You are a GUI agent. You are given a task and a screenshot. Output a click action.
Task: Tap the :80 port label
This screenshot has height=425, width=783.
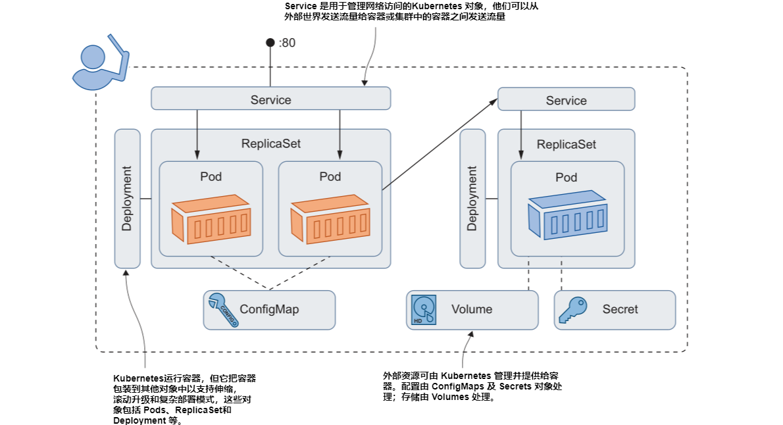(287, 43)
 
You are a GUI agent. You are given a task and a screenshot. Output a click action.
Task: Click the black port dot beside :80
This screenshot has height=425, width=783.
(270, 43)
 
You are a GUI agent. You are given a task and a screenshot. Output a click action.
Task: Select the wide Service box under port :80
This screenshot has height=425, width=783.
(270, 100)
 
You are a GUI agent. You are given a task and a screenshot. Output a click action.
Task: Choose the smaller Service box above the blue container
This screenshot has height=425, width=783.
(566, 101)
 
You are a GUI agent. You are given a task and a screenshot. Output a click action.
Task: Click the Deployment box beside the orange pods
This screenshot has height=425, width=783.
(127, 199)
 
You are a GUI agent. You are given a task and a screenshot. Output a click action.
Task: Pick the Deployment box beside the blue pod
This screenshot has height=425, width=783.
(472, 199)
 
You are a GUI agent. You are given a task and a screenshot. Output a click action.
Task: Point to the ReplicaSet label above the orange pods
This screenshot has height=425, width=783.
(270, 143)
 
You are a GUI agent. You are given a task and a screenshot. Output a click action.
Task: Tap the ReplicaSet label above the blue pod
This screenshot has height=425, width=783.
(566, 144)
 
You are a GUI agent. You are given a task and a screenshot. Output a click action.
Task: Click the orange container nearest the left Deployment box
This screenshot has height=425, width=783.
(211, 218)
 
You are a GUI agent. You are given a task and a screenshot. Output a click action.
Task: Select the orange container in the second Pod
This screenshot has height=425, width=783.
(330, 218)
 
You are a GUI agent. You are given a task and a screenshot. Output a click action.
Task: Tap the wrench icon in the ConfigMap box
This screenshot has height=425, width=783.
(221, 309)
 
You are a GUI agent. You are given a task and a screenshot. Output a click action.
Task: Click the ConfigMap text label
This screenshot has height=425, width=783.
(268, 309)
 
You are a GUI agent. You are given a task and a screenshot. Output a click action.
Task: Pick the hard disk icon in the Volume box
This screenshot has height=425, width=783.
(424, 309)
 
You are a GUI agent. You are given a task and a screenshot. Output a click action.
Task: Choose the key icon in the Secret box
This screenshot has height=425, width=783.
(572, 310)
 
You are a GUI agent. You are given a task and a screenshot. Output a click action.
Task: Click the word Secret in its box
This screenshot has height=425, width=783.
(620, 309)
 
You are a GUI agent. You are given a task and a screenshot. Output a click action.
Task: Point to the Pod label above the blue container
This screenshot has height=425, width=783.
(566, 178)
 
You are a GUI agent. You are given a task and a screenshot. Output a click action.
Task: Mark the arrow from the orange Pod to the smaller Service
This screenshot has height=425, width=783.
(440, 145)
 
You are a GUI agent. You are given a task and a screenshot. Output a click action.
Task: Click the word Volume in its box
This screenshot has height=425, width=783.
(471, 309)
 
